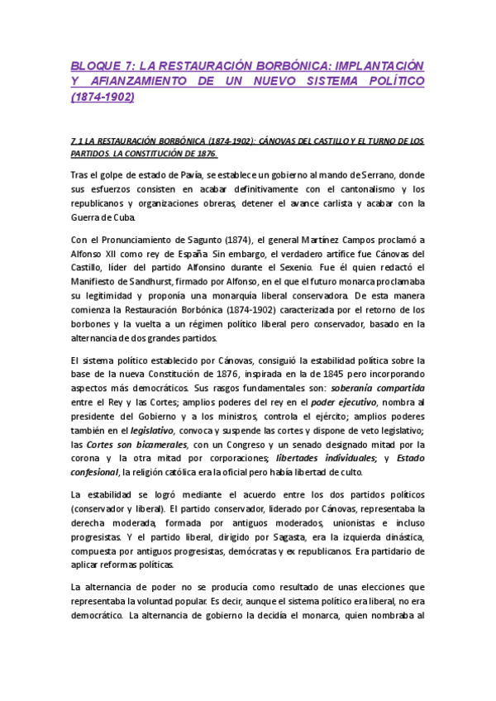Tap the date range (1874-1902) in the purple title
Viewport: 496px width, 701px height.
pyautogui.click(x=103, y=98)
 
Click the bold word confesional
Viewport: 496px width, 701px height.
pyautogui.click(x=95, y=474)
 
